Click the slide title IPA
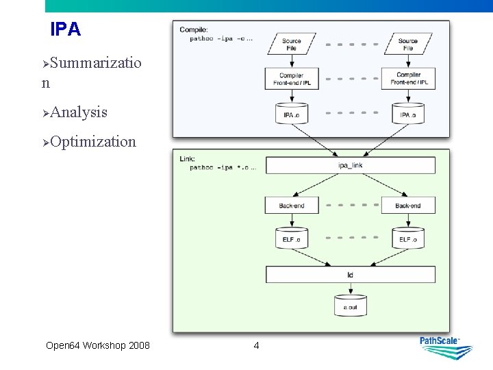click(66, 29)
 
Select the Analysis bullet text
click(78, 112)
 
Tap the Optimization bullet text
click(92, 142)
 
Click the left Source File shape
click(292, 45)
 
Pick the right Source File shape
click(408, 45)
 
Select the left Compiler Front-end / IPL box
click(292, 79)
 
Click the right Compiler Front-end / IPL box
click(409, 79)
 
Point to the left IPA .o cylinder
click(292, 114)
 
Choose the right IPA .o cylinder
click(408, 114)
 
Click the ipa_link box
click(350, 166)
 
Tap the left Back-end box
click(292, 206)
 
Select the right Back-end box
click(408, 206)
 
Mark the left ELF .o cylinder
click(292, 238)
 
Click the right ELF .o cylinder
click(408, 238)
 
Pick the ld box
click(350, 275)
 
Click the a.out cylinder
click(350, 306)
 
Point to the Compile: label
click(194, 29)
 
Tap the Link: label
click(187, 159)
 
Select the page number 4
click(256, 345)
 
